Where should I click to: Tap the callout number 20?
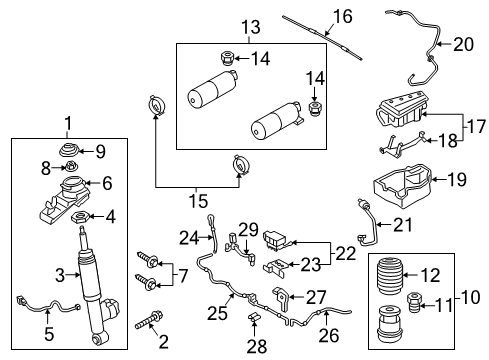[462, 43]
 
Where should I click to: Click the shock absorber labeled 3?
[87, 280]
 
